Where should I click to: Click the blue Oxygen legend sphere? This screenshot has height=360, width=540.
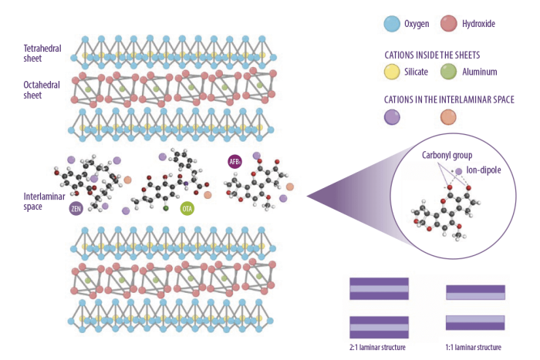(392, 24)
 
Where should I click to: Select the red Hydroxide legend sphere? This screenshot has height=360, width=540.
(449, 23)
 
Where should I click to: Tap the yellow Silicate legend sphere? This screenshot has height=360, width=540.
(392, 72)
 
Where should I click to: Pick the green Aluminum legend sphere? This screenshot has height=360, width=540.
(448, 72)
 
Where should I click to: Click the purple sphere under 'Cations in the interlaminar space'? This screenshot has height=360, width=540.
(392, 117)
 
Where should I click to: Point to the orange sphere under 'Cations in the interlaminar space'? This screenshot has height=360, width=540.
(448, 117)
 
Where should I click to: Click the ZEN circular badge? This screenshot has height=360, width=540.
(76, 208)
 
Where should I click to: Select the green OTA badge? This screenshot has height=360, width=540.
(187, 209)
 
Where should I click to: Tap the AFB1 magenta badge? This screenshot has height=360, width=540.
(235, 161)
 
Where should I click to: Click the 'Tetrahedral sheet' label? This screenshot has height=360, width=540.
(42, 53)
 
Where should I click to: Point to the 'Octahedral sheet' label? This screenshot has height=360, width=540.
(42, 90)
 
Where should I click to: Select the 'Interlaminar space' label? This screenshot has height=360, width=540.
(44, 201)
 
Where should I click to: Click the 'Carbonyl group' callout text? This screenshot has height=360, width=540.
(447, 155)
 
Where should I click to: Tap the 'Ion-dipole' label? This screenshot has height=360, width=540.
(484, 170)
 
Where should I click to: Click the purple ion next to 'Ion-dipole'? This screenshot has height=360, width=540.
(459, 171)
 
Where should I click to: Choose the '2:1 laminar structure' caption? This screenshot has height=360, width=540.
(377, 347)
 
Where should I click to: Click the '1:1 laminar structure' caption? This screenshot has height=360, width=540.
(473, 347)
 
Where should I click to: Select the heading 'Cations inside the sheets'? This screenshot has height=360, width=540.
(432, 55)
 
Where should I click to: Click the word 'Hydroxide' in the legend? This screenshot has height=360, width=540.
(479, 24)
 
